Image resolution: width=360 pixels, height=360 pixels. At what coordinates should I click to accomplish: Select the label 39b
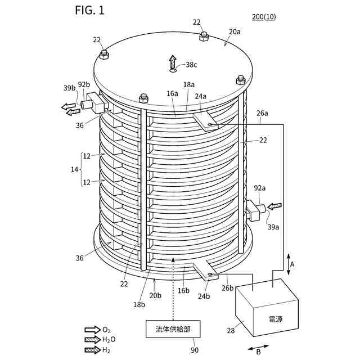coord(69,87)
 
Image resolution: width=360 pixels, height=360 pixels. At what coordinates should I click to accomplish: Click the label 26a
coord(263,113)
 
